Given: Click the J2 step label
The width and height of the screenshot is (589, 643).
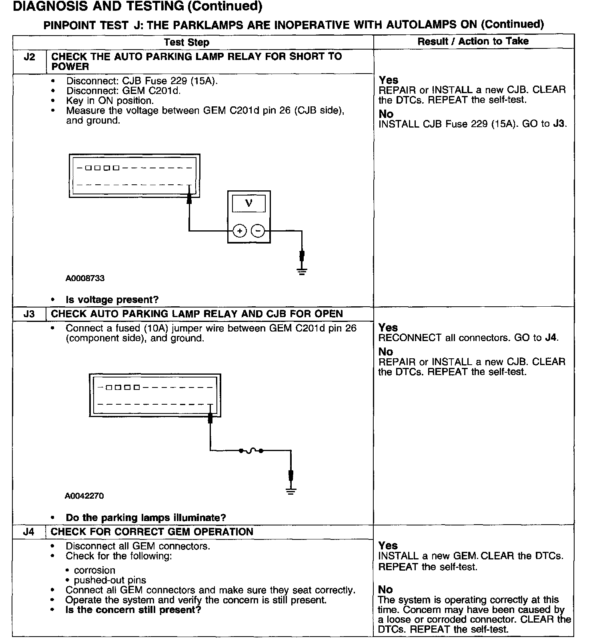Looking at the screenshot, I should (x=29, y=57).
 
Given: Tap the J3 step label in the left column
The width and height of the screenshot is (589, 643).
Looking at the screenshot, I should (x=29, y=314).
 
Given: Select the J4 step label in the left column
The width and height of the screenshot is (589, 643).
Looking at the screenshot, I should (x=29, y=532).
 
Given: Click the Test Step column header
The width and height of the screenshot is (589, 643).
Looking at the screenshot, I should (x=186, y=42).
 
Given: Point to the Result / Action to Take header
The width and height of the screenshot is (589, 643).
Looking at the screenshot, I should (x=473, y=41).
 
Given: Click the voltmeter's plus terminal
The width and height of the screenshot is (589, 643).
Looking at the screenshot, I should (x=239, y=231).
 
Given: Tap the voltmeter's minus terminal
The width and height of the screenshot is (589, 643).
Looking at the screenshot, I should (x=258, y=231).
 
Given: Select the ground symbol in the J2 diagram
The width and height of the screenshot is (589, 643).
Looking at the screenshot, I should (x=302, y=272).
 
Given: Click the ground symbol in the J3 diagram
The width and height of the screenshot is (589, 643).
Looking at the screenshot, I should (x=291, y=491).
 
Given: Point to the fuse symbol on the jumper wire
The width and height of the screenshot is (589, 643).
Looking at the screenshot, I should (x=251, y=451).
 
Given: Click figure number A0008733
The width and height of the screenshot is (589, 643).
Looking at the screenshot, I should (x=85, y=278).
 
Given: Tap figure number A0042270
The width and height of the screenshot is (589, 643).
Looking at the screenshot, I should (x=84, y=496).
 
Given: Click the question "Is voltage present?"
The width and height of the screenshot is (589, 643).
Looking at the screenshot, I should (x=112, y=300).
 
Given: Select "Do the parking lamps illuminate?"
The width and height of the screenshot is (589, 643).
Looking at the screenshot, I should (x=146, y=517).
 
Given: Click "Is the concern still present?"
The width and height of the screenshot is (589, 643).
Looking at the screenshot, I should (x=133, y=610).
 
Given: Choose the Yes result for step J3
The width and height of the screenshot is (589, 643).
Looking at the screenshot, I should (x=388, y=327).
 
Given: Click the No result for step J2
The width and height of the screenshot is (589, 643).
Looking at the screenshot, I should (x=386, y=114).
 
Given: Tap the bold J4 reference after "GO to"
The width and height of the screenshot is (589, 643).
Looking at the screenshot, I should (x=551, y=337).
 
